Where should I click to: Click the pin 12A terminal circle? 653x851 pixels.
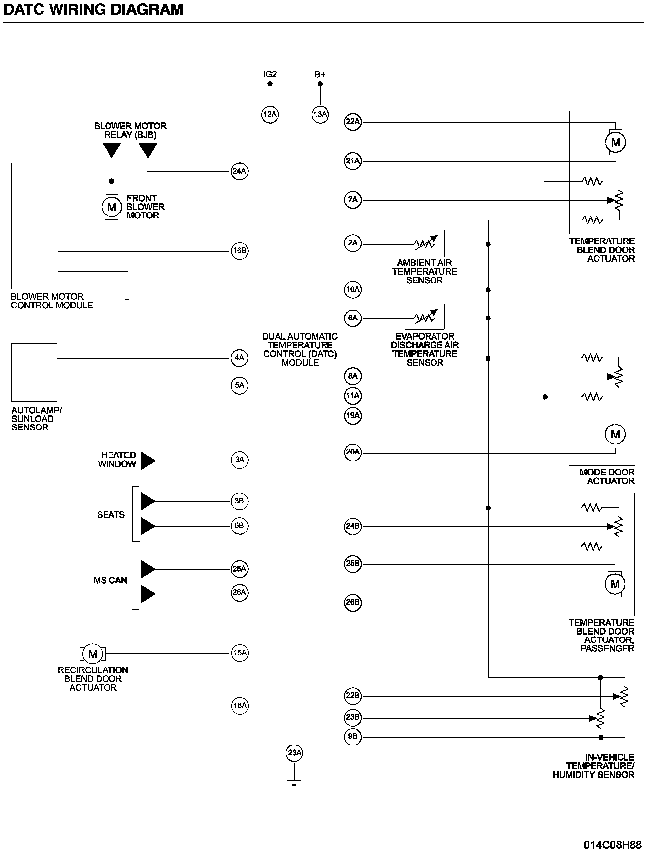point(270,115)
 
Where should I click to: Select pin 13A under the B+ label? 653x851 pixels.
point(320,115)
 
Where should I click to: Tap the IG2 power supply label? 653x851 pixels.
point(270,74)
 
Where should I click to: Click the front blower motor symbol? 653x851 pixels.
point(112,207)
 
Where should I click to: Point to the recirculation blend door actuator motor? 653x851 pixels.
point(92,653)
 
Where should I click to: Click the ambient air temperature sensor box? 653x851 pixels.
point(425,243)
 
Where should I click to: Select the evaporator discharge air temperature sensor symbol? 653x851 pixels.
point(425,317)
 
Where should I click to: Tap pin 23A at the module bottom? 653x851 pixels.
point(294,752)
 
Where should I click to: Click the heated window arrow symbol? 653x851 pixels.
point(148,461)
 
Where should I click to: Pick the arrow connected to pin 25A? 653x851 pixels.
point(148,569)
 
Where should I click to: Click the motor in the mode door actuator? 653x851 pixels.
point(615,434)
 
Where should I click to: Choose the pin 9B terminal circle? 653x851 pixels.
point(353,736)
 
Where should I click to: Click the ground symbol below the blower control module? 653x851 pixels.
point(127,297)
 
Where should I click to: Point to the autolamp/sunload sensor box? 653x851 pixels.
point(34,372)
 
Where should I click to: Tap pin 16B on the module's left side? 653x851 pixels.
point(240,250)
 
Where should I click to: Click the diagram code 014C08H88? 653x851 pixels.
point(612,845)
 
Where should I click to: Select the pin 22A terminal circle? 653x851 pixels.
point(353,122)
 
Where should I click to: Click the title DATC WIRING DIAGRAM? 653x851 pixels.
point(93,9)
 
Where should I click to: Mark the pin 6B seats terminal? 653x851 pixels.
point(239,526)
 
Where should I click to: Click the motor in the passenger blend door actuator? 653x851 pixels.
point(615,583)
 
